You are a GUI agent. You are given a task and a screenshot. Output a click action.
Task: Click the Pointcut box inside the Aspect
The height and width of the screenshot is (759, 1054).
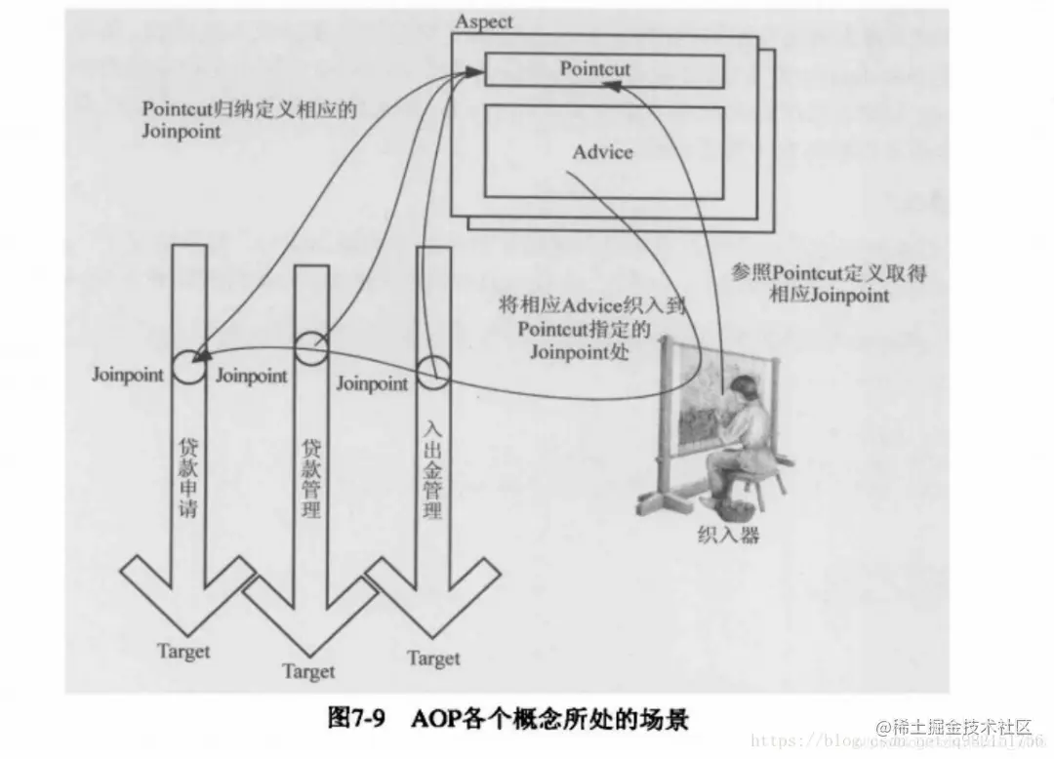(x=603, y=70)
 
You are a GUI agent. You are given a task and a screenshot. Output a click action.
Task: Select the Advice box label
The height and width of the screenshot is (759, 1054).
(x=602, y=152)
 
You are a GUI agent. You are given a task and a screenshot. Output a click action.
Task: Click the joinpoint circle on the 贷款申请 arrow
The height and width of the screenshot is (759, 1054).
(x=187, y=368)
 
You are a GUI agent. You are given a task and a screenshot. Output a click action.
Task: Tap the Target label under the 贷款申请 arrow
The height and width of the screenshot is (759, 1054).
(x=183, y=651)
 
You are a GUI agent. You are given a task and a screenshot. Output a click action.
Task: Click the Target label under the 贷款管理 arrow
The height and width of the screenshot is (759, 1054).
(x=308, y=671)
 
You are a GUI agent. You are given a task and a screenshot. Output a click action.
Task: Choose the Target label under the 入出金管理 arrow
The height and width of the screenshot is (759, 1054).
(x=433, y=659)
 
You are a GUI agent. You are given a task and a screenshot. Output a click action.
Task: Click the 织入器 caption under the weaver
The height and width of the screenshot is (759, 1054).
(x=728, y=535)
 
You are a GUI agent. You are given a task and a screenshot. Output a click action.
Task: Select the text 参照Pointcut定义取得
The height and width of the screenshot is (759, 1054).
(x=829, y=274)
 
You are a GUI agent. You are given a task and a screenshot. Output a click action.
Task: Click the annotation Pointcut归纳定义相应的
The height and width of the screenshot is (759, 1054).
(x=249, y=109)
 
